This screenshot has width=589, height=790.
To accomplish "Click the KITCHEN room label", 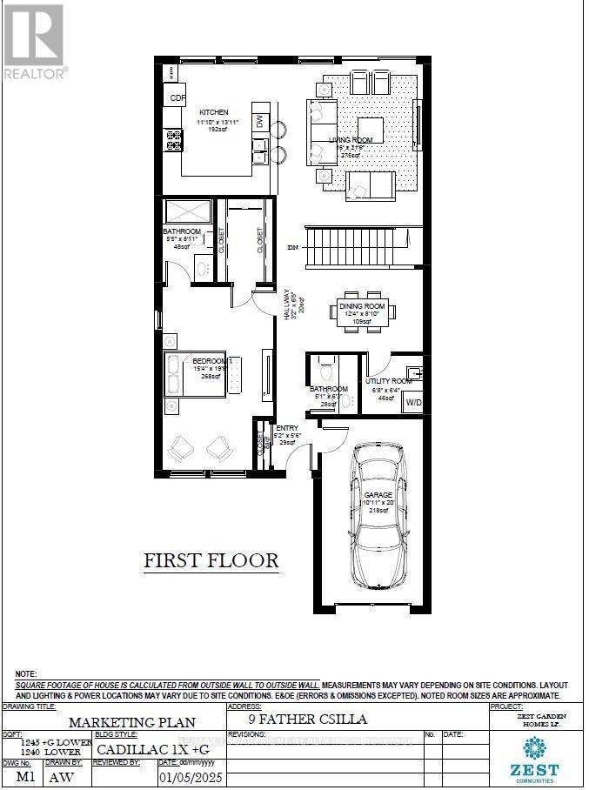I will tap(213, 112).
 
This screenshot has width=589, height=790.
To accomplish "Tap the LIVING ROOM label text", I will tap(351, 140).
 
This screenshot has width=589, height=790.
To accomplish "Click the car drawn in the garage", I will tap(378, 519).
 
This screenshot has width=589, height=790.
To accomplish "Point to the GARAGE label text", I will tap(378, 494).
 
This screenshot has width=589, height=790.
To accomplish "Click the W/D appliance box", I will tap(412, 403).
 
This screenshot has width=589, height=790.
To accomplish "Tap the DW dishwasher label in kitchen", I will tap(259, 121).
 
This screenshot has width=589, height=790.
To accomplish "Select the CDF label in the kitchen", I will tap(177, 98).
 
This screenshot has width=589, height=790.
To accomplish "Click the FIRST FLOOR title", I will tap(211, 560).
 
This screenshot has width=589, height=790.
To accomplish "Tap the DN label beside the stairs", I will tap(292, 247).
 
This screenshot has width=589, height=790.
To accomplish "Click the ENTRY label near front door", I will tap(287, 428).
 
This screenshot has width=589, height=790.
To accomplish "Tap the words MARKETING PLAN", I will tap(132, 721).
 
